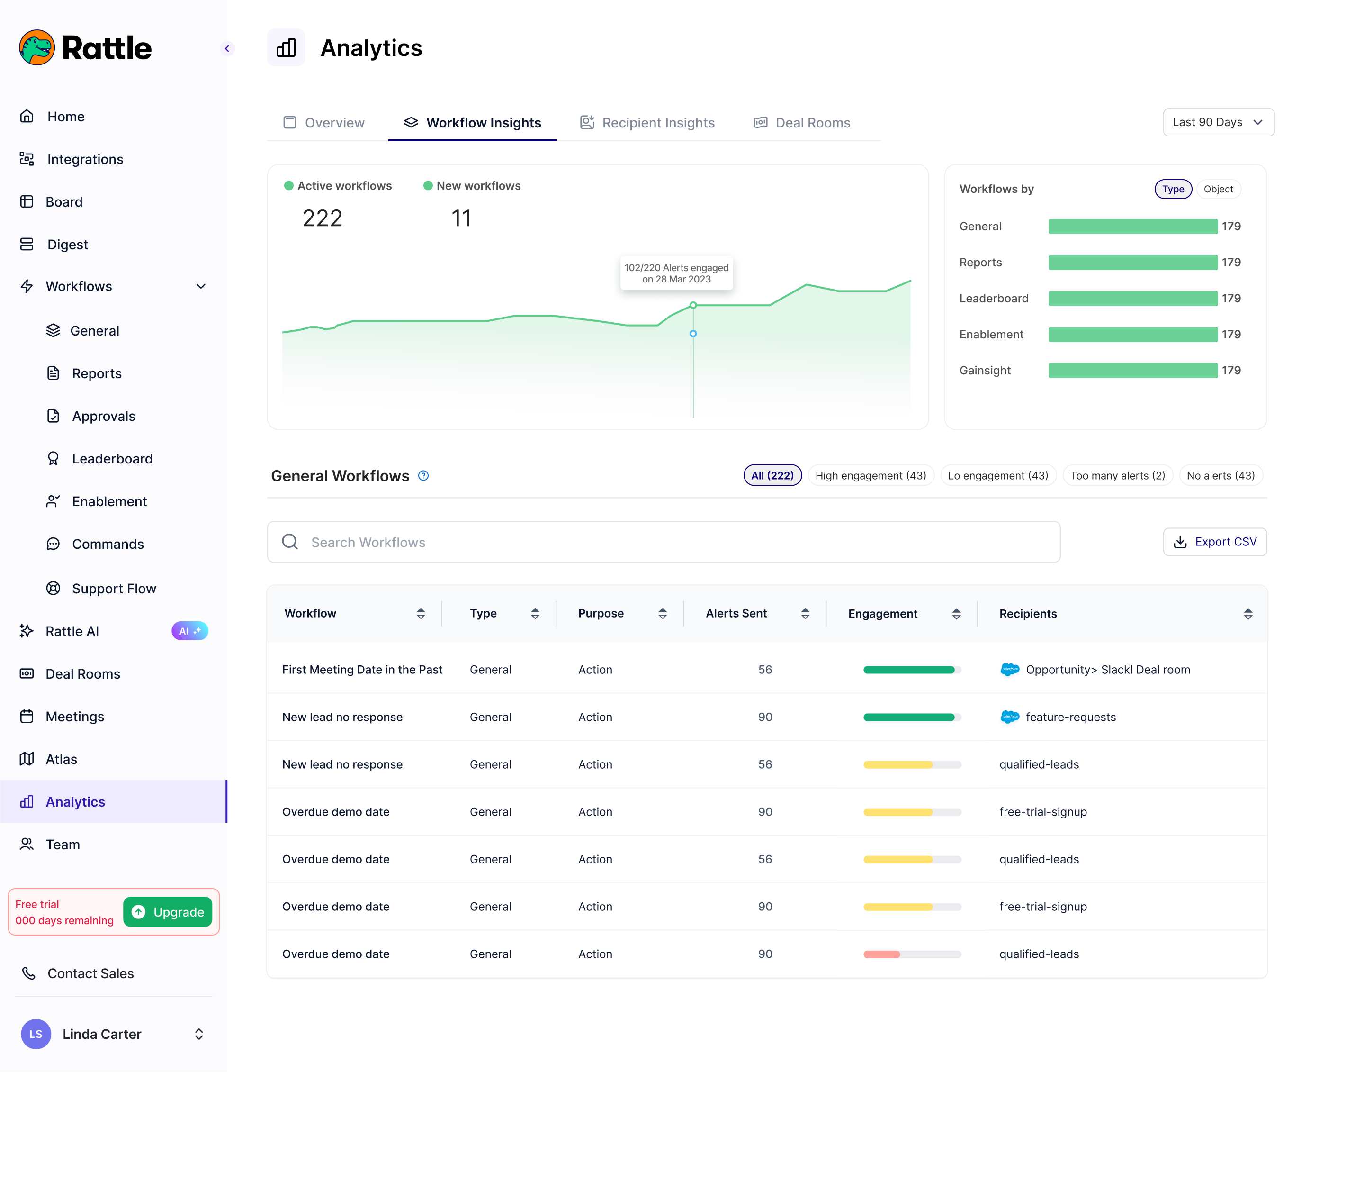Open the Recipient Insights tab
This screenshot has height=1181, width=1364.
[x=647, y=123]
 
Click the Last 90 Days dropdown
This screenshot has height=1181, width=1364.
[x=1218, y=123]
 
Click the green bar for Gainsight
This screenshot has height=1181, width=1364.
[x=1132, y=371]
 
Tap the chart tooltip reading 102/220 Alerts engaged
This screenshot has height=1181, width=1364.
[x=676, y=273]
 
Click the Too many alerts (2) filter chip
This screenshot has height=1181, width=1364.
[x=1117, y=476]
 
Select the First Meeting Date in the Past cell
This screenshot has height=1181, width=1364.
[x=362, y=670]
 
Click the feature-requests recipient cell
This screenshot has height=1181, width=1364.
[x=1070, y=717]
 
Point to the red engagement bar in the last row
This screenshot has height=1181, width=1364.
[x=882, y=954]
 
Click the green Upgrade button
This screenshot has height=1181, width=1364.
[x=168, y=912]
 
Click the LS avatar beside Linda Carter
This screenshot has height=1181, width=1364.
[x=36, y=1034]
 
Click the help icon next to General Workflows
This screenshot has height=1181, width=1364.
[x=423, y=476]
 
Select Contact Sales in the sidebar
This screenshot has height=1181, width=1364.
[x=90, y=973]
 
